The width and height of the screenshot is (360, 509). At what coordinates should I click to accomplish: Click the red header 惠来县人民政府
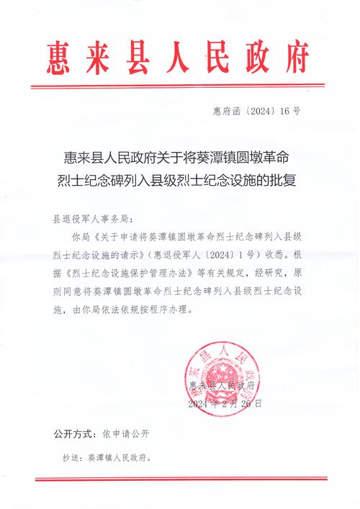(180, 55)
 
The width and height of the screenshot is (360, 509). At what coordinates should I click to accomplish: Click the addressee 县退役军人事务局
(94, 217)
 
